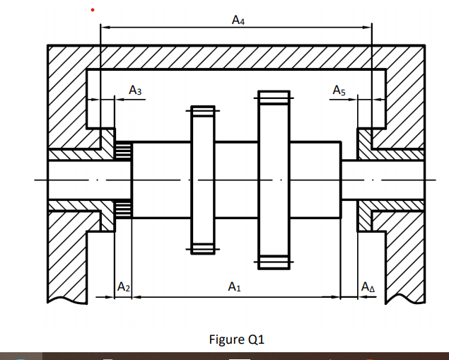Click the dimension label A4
(x=238, y=21)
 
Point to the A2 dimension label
(x=123, y=287)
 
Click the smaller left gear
(x=202, y=180)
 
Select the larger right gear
(x=274, y=180)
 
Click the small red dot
(x=92, y=10)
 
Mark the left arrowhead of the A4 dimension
(x=104, y=28)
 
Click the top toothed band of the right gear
(x=274, y=97)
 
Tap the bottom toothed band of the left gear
(x=202, y=248)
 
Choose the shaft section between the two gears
(x=237, y=180)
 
